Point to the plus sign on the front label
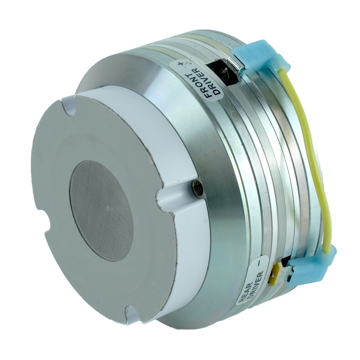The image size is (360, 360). click(x=181, y=63)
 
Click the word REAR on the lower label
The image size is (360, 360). click(x=245, y=289)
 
